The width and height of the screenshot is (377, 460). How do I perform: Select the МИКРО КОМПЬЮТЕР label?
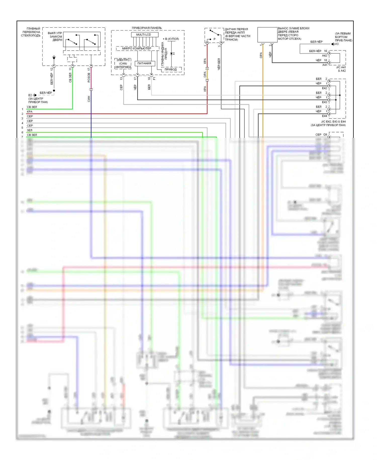coord(136,48)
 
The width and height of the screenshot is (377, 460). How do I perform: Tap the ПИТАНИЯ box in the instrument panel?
coord(145,63)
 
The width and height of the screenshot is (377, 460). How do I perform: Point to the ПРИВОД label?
coord(171,69)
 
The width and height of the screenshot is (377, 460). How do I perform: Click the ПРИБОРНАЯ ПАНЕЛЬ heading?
coord(147,28)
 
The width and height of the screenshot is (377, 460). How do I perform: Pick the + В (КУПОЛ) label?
coord(171,39)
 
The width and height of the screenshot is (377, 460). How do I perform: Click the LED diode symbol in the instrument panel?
coord(172,54)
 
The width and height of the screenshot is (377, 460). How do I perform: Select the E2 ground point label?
coord(30,95)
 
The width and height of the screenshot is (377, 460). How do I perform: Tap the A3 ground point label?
coord(337,44)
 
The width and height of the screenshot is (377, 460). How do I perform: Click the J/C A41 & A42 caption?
coord(341,69)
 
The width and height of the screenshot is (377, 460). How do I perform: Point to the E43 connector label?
coord(324,102)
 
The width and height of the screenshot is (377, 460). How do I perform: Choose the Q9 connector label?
coord(325,135)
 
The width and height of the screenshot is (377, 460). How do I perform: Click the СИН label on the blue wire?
coord(89,99)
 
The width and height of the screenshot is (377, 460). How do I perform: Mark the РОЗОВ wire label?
coord(89,78)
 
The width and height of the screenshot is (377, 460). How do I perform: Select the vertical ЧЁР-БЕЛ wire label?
coord(219,64)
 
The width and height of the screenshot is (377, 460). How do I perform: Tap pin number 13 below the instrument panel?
coord(121,78)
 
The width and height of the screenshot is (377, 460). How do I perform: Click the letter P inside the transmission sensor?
coord(214,39)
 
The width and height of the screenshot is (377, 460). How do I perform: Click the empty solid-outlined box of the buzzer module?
coord(267,35)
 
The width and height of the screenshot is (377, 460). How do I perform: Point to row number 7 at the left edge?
coord(22,137)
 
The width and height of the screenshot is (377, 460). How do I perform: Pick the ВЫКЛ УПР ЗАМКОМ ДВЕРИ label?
coord(55,36)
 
